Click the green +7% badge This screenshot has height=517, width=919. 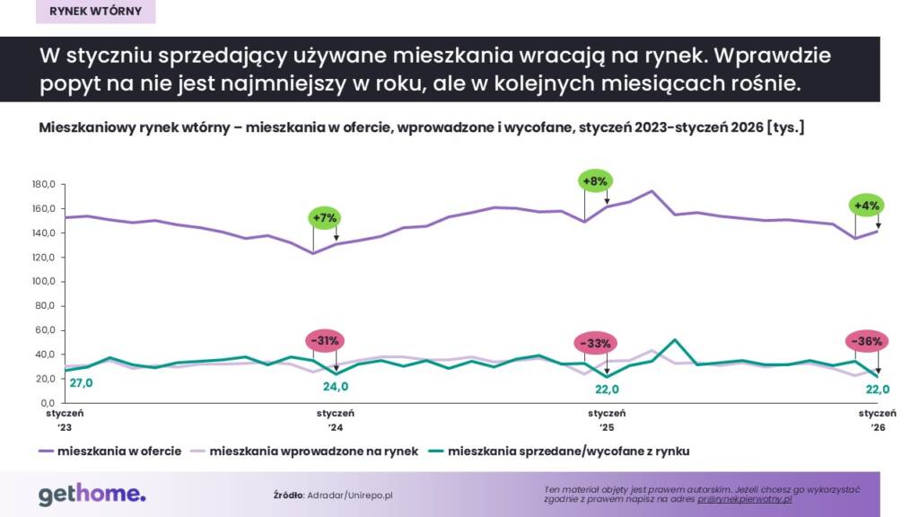(324, 217)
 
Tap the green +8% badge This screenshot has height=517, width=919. (596, 180)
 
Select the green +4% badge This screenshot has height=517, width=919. (868, 205)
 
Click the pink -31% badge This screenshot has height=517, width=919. (324, 340)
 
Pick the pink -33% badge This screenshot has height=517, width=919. (596, 342)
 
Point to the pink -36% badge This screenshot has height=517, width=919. (868, 340)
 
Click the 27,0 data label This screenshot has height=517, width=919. (81, 383)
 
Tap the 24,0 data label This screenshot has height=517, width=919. (336, 388)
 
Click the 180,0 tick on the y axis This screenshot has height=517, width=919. (44, 184)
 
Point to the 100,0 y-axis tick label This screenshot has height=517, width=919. (44, 282)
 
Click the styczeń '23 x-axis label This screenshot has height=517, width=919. (66, 421)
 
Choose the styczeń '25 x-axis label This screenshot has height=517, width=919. (608, 421)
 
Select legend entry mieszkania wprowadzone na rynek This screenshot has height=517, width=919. (313, 451)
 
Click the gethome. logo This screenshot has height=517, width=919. (92, 494)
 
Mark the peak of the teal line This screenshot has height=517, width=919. (674, 340)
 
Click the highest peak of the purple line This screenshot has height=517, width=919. (652, 191)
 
